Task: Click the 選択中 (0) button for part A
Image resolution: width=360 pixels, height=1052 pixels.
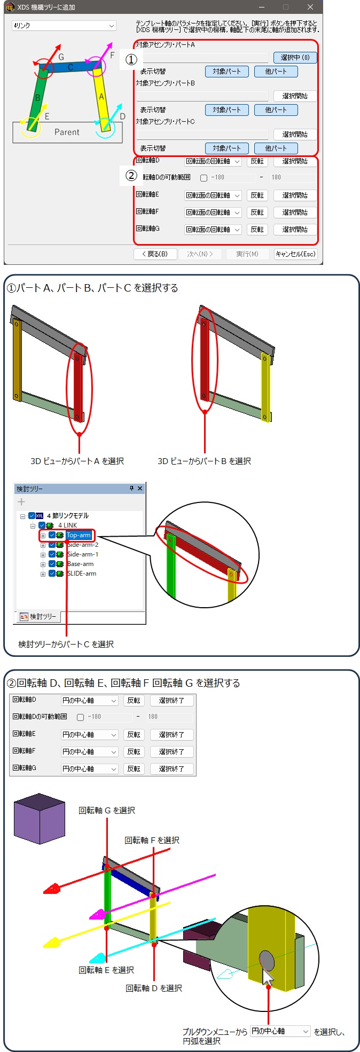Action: pos(295,57)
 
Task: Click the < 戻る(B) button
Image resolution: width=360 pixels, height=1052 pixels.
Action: pos(155,254)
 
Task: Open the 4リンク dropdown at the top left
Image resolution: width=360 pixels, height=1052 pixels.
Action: pos(64,26)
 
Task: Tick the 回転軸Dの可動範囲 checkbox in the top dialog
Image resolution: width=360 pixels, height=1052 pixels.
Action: pos(204,178)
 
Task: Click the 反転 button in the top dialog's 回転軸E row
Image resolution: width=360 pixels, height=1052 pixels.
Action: pos(257,195)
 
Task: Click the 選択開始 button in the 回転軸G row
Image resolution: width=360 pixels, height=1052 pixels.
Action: pos(295,230)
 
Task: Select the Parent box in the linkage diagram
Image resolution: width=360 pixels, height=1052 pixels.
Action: pos(67,132)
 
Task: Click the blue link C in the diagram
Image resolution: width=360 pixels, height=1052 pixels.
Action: pos(70,67)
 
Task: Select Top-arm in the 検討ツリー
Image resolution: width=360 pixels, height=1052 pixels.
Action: pos(79,535)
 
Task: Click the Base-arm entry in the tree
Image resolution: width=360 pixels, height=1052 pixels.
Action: pos(80,564)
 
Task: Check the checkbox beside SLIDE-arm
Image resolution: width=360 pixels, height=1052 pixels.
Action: pos(52,574)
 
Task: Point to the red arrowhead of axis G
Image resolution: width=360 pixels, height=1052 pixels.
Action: pos(52,889)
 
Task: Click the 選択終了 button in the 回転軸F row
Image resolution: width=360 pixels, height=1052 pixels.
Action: pos(171,752)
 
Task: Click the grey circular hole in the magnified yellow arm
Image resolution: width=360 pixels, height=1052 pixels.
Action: pos(267,961)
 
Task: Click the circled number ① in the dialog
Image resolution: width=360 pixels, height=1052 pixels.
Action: pos(131,60)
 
